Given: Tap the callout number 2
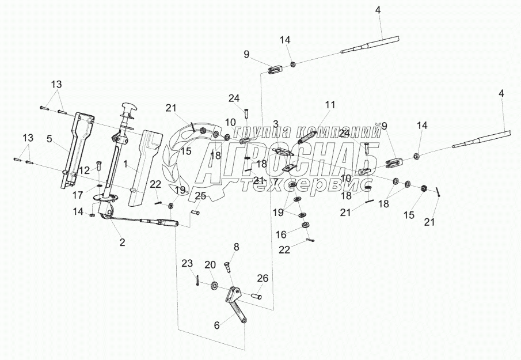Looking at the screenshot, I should [x=122, y=242].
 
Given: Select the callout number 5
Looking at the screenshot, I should [x=50, y=138].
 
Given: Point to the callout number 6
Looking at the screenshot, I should [x=216, y=325].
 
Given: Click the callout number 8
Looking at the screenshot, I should [x=235, y=247].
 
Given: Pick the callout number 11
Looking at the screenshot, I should [x=329, y=104].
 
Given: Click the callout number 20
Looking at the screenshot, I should [x=211, y=264].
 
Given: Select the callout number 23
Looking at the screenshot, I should [x=187, y=264].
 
